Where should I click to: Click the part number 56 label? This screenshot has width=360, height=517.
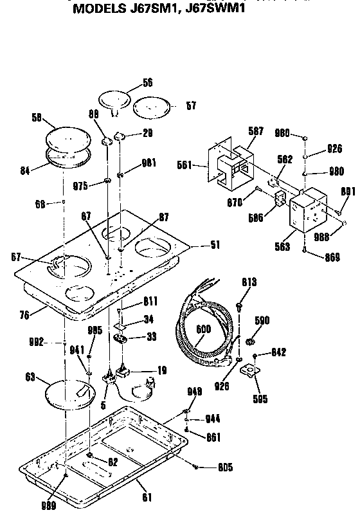147,82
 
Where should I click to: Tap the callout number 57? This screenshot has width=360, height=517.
191,105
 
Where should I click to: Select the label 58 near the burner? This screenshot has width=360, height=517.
37,117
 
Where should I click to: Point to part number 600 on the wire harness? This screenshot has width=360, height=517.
203,330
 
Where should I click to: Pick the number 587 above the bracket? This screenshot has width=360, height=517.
256,131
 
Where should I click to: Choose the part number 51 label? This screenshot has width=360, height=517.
214,245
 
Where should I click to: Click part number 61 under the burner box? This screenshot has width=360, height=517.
147,496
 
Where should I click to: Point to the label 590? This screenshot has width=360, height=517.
262,320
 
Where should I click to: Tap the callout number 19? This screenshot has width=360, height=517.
163,370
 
